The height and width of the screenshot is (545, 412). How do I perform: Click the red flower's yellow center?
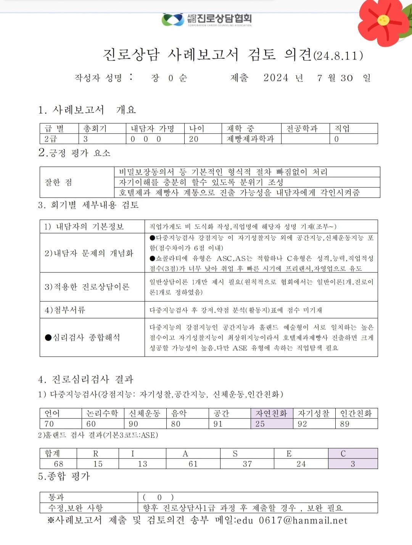point(383,20)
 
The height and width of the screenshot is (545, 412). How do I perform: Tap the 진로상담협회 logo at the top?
point(207,19)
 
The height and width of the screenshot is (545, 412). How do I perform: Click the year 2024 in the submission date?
point(276,78)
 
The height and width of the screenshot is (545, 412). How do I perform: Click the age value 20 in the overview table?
point(194,139)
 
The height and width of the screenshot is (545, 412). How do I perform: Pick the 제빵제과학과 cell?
point(250,139)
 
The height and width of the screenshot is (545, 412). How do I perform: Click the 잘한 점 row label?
point(58,182)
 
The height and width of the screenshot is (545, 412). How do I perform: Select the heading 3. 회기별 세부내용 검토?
point(88,205)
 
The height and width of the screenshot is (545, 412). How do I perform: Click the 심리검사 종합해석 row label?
point(82,337)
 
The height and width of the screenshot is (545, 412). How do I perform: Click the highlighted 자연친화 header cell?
point(271,413)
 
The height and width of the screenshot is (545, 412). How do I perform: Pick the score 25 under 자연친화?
point(260,424)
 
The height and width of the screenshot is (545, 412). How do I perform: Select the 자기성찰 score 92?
point(303,424)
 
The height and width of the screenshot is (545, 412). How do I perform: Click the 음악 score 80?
point(176,424)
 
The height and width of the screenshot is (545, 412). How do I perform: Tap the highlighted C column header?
point(343,453)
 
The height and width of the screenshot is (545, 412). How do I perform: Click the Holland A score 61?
point(193,464)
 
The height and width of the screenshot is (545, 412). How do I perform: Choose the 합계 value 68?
point(58,464)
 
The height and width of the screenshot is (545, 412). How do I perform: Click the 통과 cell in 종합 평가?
point(56,497)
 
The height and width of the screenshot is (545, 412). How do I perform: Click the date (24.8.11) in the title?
point(338,56)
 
